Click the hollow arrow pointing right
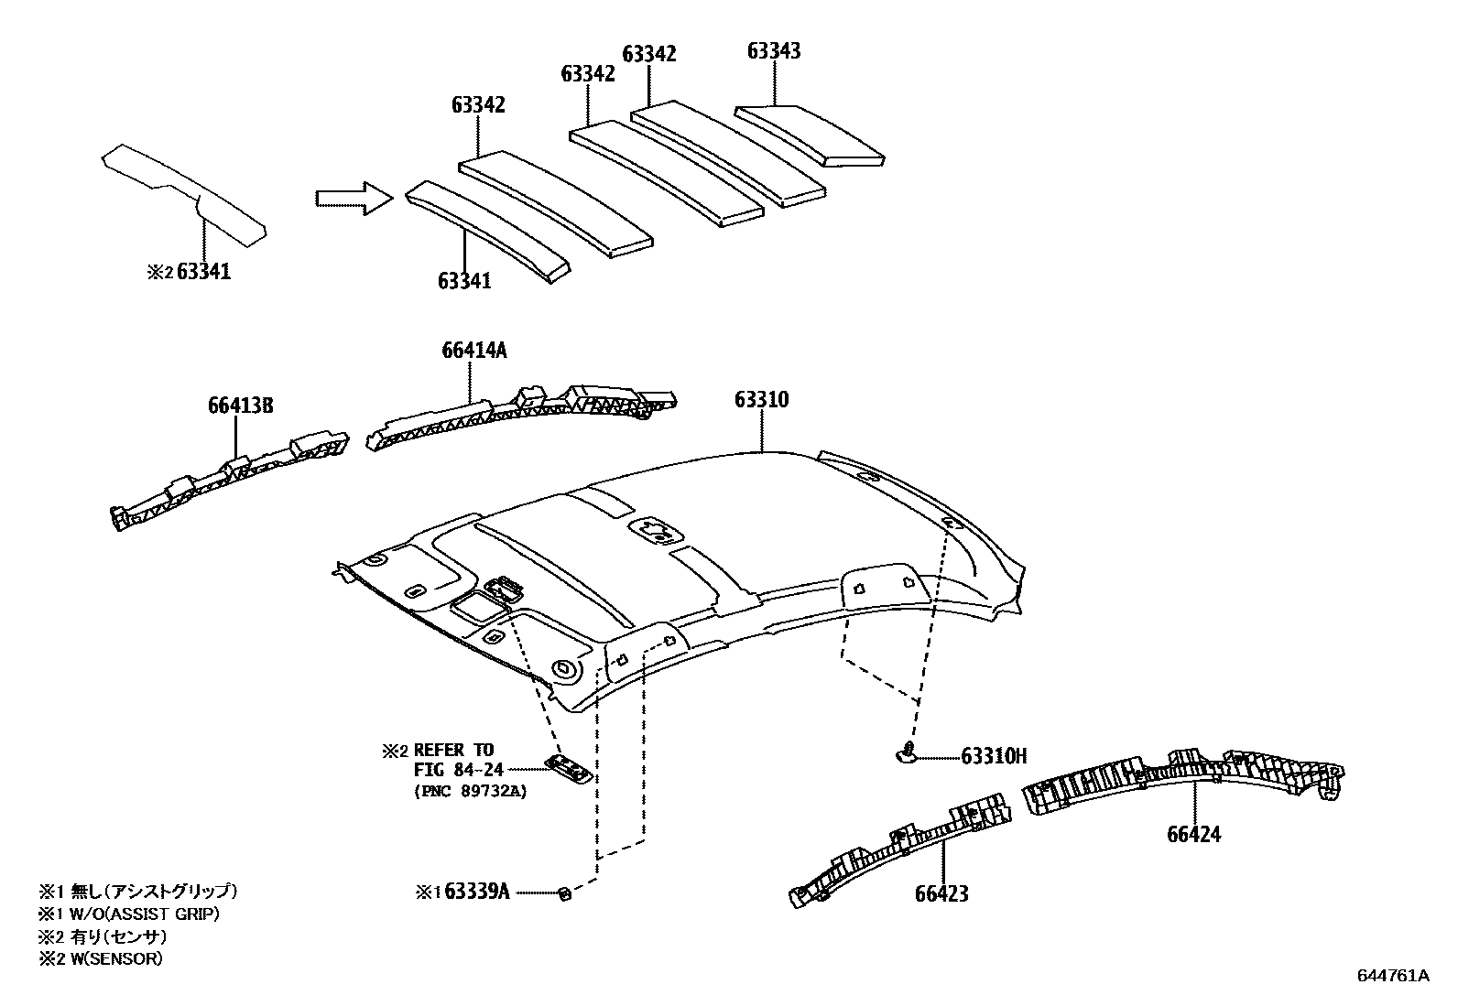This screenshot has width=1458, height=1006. tap(353, 198)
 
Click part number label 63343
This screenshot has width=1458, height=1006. tap(774, 51)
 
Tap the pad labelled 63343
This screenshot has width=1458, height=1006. tap(810, 135)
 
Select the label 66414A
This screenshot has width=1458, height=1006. tap(473, 351)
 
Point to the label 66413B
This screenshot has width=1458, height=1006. tap(241, 406)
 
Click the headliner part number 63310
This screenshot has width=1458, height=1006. tap(761, 400)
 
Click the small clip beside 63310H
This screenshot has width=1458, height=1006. tap(906, 752)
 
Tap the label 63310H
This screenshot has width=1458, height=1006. tap(994, 756)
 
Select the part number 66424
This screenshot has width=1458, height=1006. tap(1193, 834)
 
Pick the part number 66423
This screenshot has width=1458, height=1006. tap(941, 893)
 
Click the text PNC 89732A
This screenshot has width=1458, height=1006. tap(471, 792)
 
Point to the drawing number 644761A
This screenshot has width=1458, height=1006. tap(1392, 975)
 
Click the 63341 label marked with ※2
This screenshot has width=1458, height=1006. tap(203, 272)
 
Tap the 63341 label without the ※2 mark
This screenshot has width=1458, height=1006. tap(463, 280)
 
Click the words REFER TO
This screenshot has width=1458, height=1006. tap(453, 751)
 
